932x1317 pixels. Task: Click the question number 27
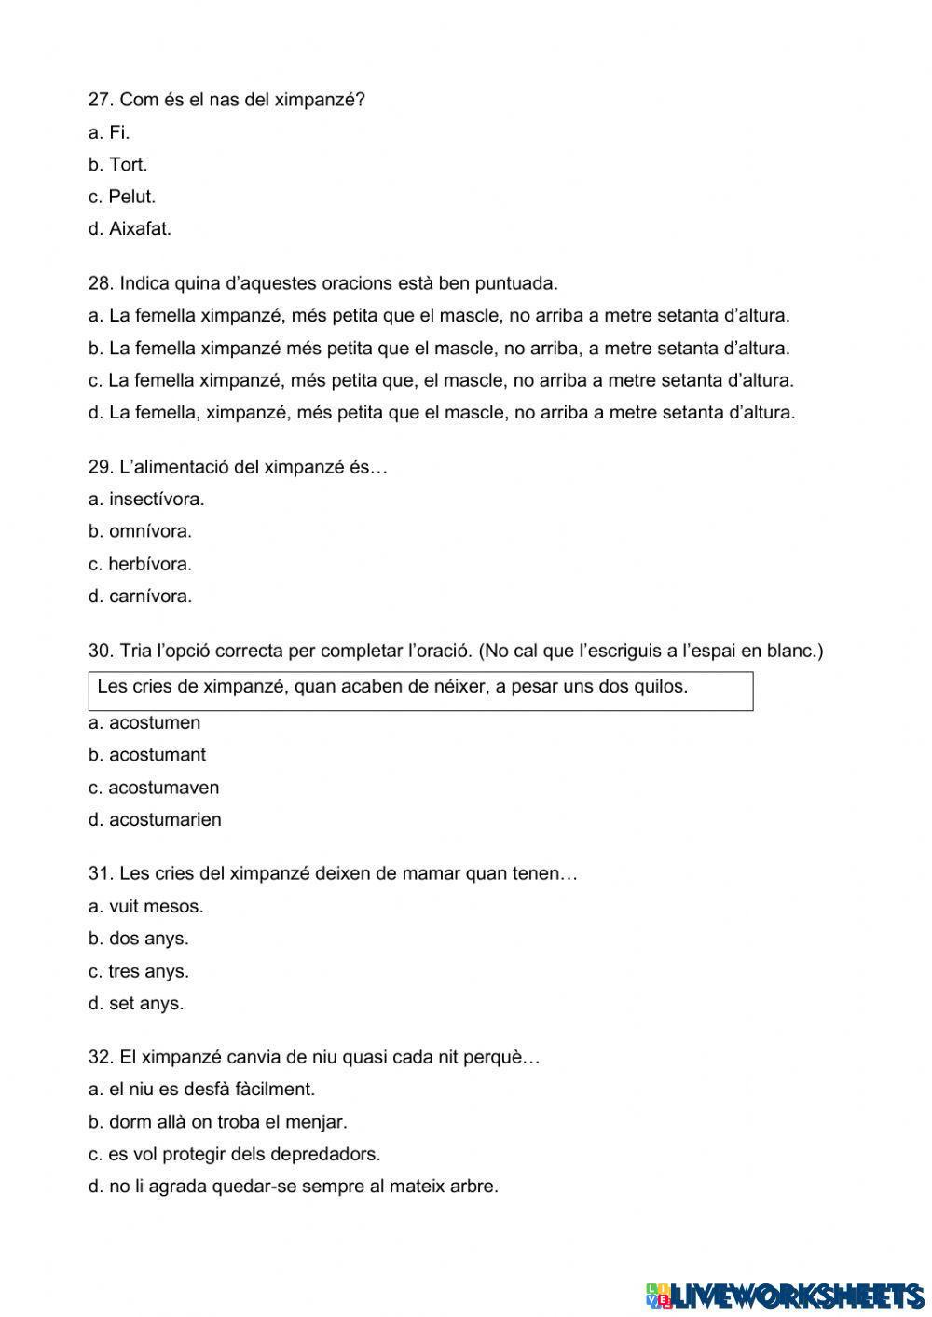point(100,100)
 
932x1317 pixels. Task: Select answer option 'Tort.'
point(128,165)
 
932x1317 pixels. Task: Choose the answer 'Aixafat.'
point(140,229)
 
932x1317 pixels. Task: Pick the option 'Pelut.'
point(131,197)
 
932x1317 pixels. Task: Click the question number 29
point(100,467)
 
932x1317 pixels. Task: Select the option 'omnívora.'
point(150,531)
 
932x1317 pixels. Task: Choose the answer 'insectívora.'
point(157,500)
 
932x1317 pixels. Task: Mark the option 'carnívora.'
point(150,597)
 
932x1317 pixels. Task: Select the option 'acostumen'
point(155,723)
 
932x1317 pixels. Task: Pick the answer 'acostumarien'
point(165,820)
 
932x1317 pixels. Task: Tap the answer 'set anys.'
point(146,1004)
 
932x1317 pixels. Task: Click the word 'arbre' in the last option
point(475,1187)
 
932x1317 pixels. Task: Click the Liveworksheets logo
point(785,1294)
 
